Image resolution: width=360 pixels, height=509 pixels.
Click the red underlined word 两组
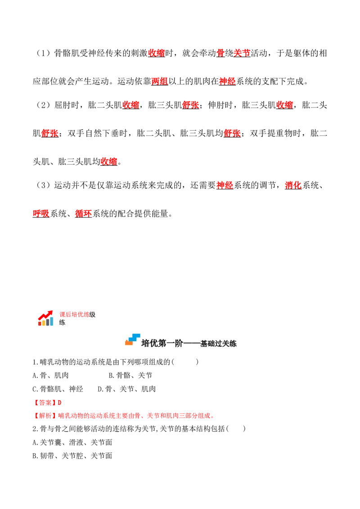[160, 81]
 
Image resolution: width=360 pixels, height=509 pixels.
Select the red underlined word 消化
[293, 185]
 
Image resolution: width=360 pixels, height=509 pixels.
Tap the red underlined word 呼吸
[41, 213]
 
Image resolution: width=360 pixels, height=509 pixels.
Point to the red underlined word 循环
[84, 213]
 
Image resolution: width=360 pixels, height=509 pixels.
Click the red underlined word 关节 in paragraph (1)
[242, 53]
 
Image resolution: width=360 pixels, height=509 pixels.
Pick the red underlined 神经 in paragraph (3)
[225, 185]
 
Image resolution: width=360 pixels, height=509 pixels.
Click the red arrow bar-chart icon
[45, 318]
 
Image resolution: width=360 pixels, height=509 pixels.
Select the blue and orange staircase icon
[133, 339]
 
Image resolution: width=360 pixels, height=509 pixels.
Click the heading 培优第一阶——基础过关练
[189, 344]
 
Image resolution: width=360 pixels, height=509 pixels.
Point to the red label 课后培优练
[74, 315]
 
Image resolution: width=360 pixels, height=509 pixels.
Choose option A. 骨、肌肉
[51, 375]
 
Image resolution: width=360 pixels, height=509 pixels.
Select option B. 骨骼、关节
[130, 375]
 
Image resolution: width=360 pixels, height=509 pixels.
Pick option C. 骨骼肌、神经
[58, 389]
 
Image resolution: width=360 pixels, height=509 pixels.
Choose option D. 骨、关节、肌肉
[127, 389]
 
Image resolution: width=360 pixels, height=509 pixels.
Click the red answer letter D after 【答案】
[59, 402]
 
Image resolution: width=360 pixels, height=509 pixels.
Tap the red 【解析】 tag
[45, 416]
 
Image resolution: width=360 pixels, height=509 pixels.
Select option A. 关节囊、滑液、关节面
[72, 442]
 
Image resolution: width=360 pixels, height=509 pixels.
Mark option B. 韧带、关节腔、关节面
[72, 456]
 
